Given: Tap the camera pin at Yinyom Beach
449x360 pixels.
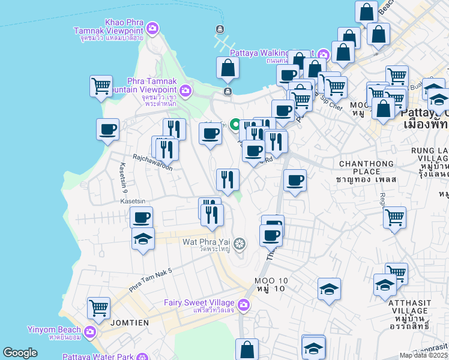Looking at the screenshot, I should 90,331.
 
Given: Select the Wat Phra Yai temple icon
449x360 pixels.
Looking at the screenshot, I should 240,243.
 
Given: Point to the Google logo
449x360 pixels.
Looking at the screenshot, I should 20,353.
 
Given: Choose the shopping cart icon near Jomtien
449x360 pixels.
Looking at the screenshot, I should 98,308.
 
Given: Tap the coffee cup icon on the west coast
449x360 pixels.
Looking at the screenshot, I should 108,129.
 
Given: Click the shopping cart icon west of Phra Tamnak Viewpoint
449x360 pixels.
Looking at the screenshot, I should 101,86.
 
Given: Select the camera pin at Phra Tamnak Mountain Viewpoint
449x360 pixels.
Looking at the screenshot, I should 185,91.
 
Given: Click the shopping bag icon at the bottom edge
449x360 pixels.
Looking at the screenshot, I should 247,349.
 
